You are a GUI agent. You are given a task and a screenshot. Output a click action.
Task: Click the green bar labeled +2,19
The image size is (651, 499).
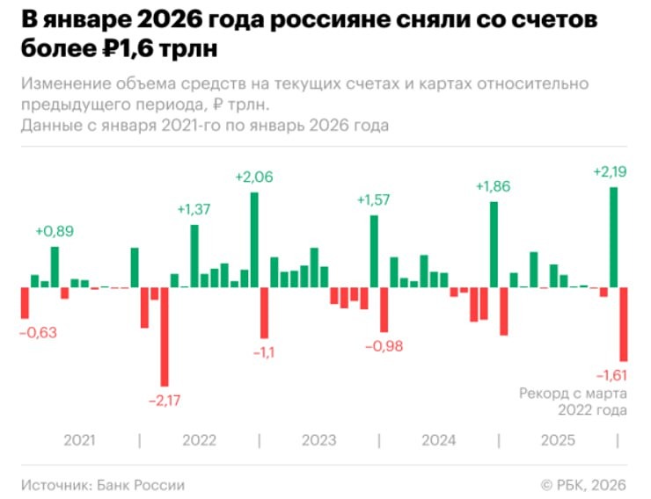pos(613,237)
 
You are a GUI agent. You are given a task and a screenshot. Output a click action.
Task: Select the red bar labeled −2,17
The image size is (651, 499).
pos(164,336)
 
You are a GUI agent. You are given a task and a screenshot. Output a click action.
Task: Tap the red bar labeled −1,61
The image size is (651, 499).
pos(623,323)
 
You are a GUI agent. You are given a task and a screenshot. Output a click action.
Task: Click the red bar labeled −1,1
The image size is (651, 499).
pos(264,313)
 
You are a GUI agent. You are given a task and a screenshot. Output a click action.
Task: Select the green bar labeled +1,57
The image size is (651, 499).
pos(374,251)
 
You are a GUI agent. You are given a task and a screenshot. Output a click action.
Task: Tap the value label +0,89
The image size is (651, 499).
pos(55,231)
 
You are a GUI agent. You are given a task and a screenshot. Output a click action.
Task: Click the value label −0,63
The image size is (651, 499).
pos(39,332)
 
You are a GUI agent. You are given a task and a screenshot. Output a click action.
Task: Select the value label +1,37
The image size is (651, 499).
pos(194,210)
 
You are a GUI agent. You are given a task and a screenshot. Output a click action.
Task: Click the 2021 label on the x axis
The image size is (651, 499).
pos(79,439)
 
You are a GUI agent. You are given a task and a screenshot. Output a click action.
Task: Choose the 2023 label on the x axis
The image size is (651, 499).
pos(318,439)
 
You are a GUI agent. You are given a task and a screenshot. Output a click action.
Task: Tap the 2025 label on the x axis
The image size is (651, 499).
pos(558,439)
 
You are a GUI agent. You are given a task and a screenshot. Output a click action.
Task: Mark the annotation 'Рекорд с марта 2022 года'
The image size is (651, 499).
pos(573,401)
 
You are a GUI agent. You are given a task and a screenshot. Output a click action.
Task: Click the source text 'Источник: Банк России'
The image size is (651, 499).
pos(103,484)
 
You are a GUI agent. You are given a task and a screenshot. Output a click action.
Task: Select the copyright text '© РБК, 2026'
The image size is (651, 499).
pos(584,484)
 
